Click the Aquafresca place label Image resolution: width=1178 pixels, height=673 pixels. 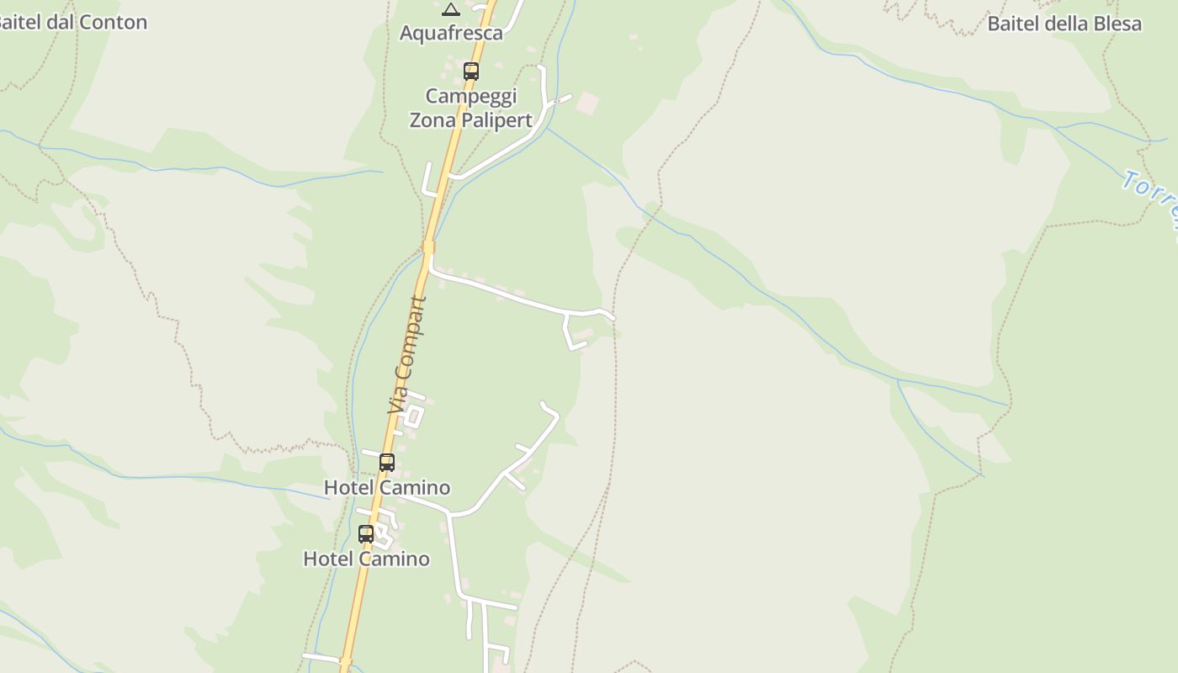point(451,33)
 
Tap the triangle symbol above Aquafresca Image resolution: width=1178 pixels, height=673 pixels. point(451,9)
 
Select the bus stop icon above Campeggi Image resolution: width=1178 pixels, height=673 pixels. point(471,72)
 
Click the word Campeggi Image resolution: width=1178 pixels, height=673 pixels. point(470,96)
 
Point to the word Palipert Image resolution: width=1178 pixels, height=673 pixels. point(496,120)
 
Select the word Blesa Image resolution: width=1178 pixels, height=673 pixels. point(1116,24)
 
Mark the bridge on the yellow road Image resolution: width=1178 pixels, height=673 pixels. point(428,247)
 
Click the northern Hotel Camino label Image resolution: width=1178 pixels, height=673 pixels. point(387,488)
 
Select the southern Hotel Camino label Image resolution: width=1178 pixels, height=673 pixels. point(366,559)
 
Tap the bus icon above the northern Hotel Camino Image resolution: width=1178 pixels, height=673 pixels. point(387,463)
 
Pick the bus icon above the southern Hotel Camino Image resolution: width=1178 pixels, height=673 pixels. point(366,534)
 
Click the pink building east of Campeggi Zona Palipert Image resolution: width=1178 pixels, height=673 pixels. point(586,103)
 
